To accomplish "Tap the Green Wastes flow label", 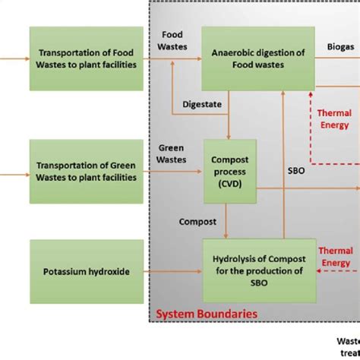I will pos(171,153).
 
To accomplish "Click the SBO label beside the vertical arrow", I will pos(295,171).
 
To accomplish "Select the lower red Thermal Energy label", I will pos(335,257).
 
